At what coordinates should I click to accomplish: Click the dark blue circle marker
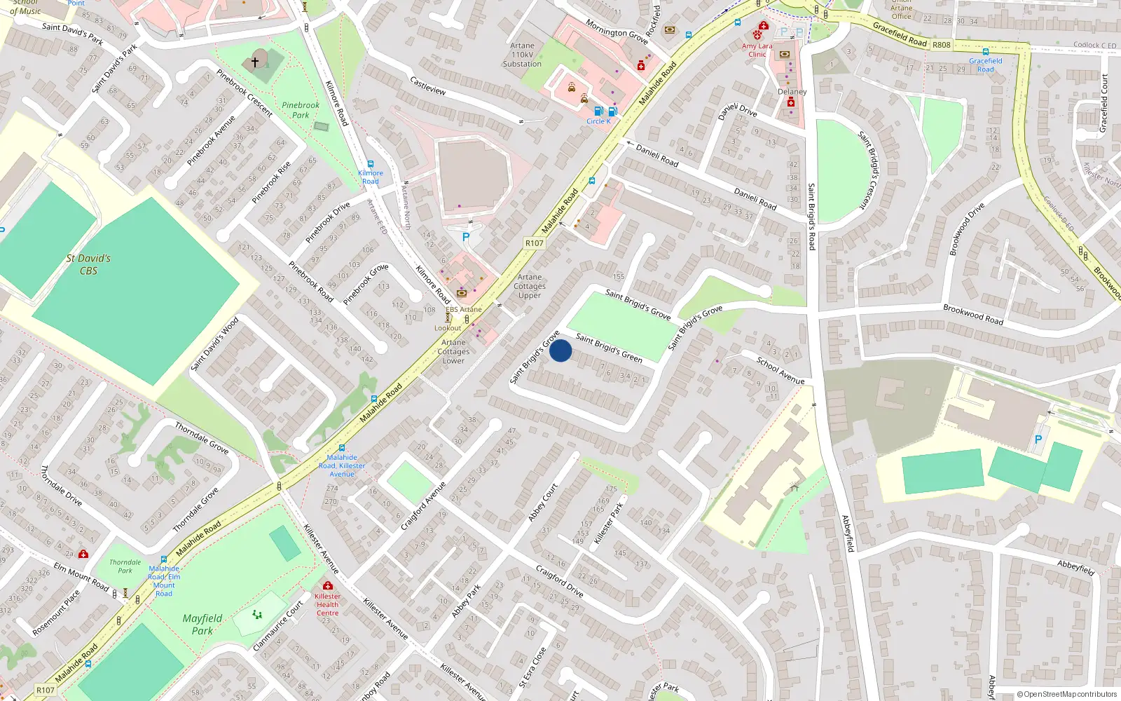[x=560, y=350]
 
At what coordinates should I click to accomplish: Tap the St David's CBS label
[x=88, y=264]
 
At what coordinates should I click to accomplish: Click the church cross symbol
[x=255, y=62]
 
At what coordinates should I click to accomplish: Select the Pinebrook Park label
[x=301, y=110]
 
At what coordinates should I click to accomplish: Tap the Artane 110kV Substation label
[x=522, y=55]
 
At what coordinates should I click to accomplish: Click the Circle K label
[x=598, y=121]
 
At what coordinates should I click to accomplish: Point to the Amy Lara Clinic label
[x=757, y=50]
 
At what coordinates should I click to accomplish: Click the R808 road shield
[x=941, y=45]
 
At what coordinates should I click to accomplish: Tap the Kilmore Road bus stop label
[x=371, y=177]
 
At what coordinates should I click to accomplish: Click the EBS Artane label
[x=463, y=309]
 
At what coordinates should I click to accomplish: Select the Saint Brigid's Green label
[x=609, y=348]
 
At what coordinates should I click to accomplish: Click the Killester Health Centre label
[x=327, y=604]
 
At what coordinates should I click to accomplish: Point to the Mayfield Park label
[x=202, y=624]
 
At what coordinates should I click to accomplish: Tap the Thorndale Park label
[x=125, y=566]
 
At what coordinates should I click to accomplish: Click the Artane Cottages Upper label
[x=530, y=286]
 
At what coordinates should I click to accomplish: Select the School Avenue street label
[x=780, y=370]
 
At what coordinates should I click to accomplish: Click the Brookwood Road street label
[x=972, y=314]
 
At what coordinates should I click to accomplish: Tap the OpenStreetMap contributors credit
[x=1066, y=694]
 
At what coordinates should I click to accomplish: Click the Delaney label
[x=792, y=92]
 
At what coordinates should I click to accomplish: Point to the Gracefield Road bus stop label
[x=985, y=64]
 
